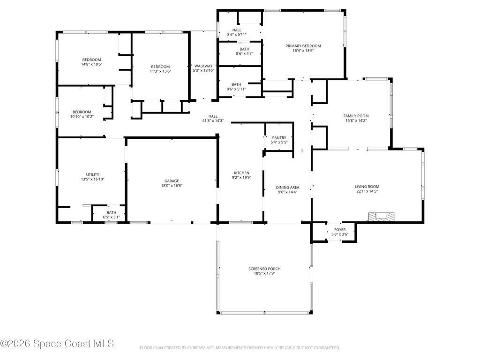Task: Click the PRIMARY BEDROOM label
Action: pyautogui.click(x=303, y=46)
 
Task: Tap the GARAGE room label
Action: pyautogui.click(x=172, y=181)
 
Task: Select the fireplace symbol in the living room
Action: pyautogui.click(x=381, y=217)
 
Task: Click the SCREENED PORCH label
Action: pyautogui.click(x=264, y=269)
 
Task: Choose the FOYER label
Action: pyautogui.click(x=340, y=230)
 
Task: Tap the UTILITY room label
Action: pyautogui.click(x=92, y=174)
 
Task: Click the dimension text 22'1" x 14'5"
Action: pyautogui.click(x=367, y=191)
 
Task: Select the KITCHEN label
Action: pyautogui.click(x=241, y=173)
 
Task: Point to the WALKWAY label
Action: pyautogui.click(x=203, y=66)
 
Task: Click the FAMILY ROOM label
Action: pyautogui.click(x=356, y=116)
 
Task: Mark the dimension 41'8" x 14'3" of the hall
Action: pyautogui.click(x=213, y=121)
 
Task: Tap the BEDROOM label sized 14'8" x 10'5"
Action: pyautogui.click(x=91, y=60)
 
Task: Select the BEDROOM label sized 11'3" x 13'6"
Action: pyautogui.click(x=160, y=67)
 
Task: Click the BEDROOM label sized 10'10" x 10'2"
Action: pyautogui.click(x=82, y=112)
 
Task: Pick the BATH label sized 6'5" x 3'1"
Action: pyautogui.click(x=112, y=212)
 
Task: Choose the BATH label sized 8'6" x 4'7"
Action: pyautogui.click(x=244, y=49)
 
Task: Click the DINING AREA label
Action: pyautogui.click(x=287, y=187)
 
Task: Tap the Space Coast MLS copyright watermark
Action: pyautogui.click(x=57, y=344)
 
